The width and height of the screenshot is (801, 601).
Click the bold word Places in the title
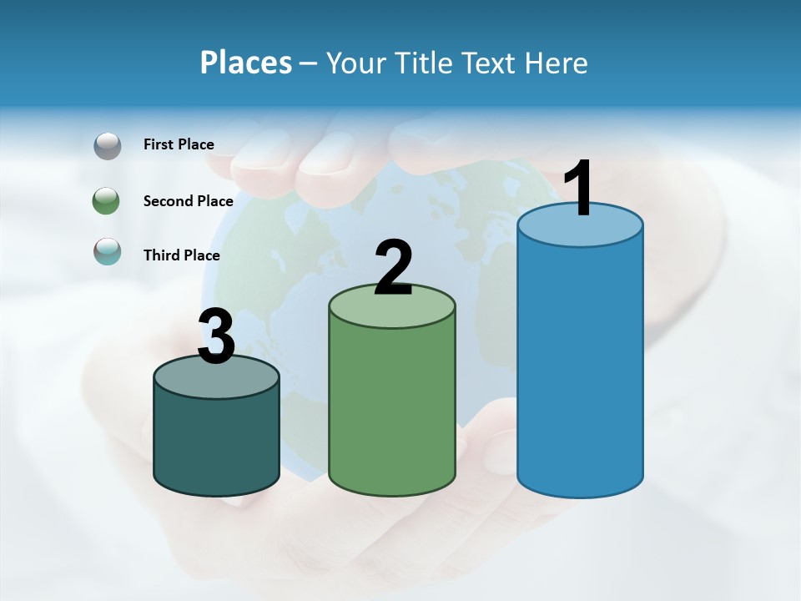[245, 63]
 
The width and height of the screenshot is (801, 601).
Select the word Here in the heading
[557, 63]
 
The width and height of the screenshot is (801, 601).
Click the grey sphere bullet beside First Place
[107, 146]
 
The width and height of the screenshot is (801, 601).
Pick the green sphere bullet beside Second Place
[107, 201]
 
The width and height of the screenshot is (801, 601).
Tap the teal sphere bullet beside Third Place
[107, 251]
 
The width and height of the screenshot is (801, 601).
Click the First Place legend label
[179, 144]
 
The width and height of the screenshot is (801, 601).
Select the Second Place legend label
[188, 201]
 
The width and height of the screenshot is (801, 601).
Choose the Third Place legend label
[181, 255]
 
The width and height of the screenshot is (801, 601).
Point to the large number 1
[578, 189]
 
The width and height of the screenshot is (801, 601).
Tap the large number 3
[217, 337]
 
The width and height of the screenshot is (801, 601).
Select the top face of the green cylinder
[392, 311]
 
